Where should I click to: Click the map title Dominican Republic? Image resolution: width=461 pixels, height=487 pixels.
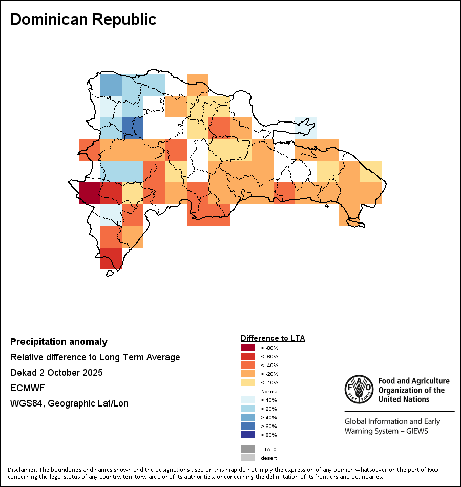point(83,19)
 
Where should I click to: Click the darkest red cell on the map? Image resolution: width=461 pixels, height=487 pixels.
point(89,193)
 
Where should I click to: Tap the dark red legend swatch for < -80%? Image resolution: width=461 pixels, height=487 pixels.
point(248,348)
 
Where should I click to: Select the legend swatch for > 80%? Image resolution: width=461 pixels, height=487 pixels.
point(248,435)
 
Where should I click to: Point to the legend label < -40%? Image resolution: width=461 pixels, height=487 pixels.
point(269,365)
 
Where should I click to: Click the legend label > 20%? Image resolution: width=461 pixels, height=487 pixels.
point(269,409)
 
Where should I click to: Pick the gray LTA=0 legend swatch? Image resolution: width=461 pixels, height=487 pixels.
point(248,449)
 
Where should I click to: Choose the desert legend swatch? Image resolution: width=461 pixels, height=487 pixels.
point(248,458)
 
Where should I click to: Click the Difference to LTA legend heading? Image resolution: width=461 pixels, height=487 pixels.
point(273,338)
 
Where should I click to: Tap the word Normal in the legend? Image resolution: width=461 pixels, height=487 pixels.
point(269,391)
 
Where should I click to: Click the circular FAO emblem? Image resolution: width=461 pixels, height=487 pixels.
point(359,390)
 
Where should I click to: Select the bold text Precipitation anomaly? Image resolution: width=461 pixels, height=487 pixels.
point(59,342)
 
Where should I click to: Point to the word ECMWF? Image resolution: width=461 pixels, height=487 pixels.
point(27,388)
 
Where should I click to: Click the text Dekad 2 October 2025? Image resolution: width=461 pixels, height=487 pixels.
point(56,373)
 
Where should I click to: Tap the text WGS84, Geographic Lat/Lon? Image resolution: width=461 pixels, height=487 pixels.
point(69,403)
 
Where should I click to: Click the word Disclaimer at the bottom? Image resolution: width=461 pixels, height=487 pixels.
point(22,470)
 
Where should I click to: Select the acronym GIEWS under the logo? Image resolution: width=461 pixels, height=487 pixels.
point(415,431)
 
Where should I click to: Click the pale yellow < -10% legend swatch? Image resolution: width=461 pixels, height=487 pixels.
point(248,382)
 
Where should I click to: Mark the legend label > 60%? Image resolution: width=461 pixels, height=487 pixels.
point(269,426)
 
